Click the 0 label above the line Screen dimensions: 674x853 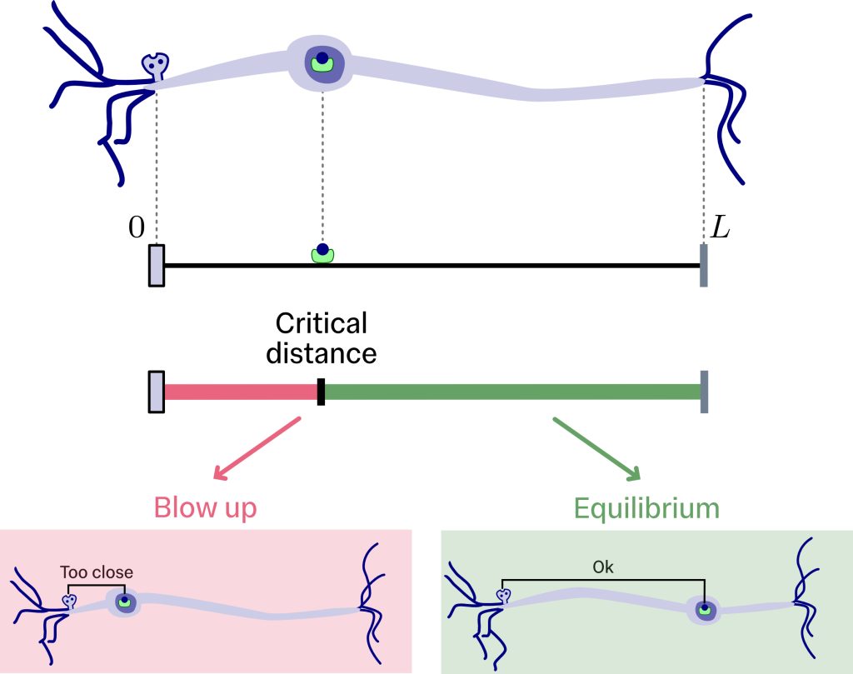[x=137, y=227]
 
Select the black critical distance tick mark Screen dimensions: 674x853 [x=321, y=392]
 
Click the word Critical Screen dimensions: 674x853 [x=321, y=323]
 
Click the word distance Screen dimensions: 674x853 [x=321, y=354]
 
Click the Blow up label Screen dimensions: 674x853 [x=205, y=507]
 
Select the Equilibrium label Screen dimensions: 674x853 [x=646, y=507]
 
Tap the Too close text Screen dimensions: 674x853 [x=97, y=573]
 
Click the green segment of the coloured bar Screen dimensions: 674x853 [x=511, y=392]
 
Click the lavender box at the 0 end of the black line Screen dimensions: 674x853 [x=156, y=265]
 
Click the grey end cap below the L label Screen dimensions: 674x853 [x=704, y=265]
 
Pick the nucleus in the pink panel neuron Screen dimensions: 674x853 [x=124, y=602]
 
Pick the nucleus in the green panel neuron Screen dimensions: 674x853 [x=705, y=611]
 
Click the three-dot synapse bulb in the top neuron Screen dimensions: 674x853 [x=155, y=64]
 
